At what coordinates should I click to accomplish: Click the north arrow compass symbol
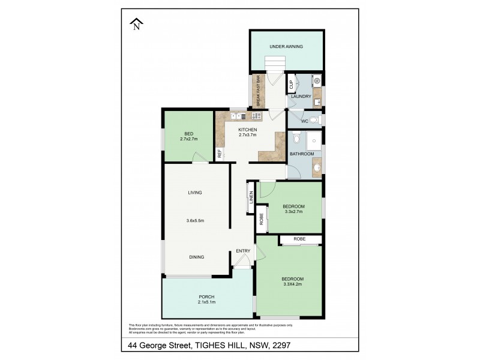click(137, 25)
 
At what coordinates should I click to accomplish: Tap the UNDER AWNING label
click(286, 46)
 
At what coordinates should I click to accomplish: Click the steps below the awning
click(277, 63)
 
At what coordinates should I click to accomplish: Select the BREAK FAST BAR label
click(258, 91)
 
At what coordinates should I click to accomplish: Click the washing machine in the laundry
click(317, 79)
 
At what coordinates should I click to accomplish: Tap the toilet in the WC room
click(317, 120)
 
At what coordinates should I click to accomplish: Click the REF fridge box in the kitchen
click(220, 153)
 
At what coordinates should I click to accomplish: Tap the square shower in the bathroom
click(314, 142)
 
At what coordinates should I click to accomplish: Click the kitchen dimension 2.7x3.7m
click(247, 135)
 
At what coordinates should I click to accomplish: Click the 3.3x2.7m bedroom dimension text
click(293, 212)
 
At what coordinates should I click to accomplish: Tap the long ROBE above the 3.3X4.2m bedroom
click(300, 239)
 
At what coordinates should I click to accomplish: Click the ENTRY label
click(243, 251)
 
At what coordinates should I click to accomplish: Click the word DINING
click(196, 257)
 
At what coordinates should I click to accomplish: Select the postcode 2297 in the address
click(281, 346)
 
